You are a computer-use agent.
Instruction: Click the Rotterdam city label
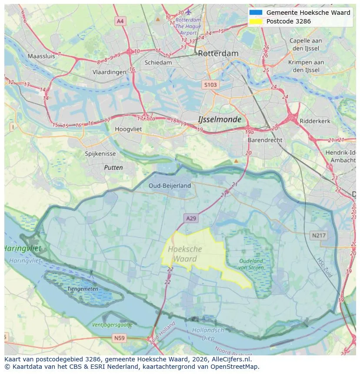[218, 53]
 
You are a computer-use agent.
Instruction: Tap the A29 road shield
[191, 218]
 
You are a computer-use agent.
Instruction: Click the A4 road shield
[120, 21]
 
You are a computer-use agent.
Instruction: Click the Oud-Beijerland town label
[170, 185]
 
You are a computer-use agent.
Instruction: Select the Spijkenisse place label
[100, 154]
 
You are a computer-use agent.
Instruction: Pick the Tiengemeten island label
[80, 288]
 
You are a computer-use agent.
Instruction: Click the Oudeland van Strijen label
[251, 264]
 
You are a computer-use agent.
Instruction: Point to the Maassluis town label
[41, 56]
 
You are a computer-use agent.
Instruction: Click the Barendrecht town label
[265, 140]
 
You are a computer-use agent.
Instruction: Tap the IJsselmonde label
[219, 119]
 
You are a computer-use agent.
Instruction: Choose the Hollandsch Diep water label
[208, 334]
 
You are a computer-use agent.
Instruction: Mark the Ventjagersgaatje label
[112, 324]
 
